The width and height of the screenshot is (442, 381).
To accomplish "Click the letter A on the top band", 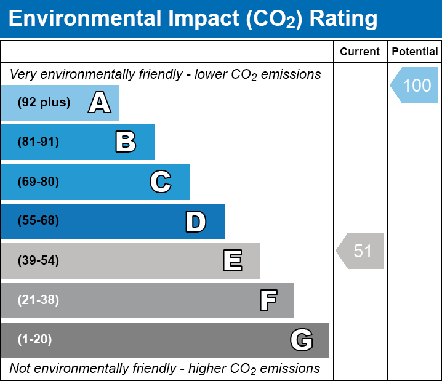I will click(x=100, y=102).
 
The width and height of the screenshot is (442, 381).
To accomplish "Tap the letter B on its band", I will click(x=126, y=142).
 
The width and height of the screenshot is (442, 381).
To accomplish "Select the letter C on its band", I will click(x=160, y=182).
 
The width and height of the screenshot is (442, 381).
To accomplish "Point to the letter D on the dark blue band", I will click(x=196, y=221).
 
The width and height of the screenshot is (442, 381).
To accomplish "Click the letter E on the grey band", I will click(x=232, y=261).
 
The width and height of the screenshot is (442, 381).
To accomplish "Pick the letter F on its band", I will click(x=268, y=300).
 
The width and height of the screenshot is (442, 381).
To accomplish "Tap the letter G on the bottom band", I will click(x=302, y=340).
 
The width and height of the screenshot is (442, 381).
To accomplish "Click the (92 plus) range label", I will click(x=44, y=102).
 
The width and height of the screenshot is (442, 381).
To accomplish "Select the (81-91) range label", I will click(x=38, y=142).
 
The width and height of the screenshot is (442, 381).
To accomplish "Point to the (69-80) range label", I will click(x=38, y=182).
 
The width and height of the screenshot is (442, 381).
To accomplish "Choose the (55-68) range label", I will click(x=38, y=221).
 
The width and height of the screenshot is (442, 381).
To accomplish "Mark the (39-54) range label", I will click(x=38, y=261).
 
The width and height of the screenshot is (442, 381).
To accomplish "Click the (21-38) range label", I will click(x=38, y=300).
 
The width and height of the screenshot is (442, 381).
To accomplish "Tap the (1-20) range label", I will click(x=35, y=340).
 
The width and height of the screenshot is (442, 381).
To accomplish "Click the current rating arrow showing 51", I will click(x=361, y=251).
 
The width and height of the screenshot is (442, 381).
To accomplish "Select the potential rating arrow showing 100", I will click(x=416, y=85).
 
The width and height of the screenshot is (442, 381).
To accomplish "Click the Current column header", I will click(x=360, y=52).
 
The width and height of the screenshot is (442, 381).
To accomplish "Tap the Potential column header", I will click(x=415, y=52).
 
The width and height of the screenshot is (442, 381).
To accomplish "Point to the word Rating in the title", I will click(x=343, y=19).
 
